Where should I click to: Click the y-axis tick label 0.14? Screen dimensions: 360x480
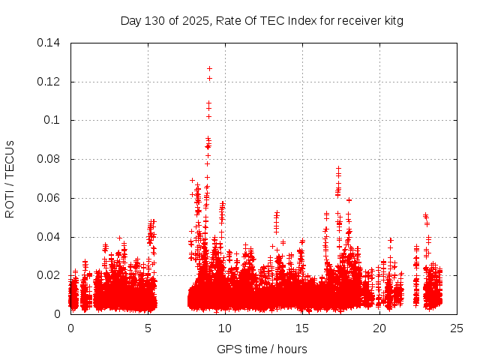(x=49, y=42)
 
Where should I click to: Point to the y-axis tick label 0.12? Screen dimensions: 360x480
(x=49, y=81)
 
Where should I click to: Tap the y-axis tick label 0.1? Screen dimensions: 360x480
(x=52, y=120)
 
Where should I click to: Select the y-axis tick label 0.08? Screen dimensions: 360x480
(x=49, y=159)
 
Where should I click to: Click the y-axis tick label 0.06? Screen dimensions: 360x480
(x=49, y=198)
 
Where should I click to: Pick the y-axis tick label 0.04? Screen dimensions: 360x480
(x=49, y=237)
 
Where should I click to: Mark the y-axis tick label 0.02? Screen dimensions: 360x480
(x=49, y=275)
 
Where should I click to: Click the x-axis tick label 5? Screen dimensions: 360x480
(x=148, y=328)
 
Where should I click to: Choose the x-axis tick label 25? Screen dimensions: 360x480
(x=457, y=328)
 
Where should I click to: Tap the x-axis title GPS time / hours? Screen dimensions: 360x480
(x=262, y=349)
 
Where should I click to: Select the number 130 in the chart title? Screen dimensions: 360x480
(x=155, y=20)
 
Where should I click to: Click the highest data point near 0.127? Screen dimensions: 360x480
(x=209, y=68)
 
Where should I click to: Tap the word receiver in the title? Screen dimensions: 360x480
(x=358, y=20)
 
